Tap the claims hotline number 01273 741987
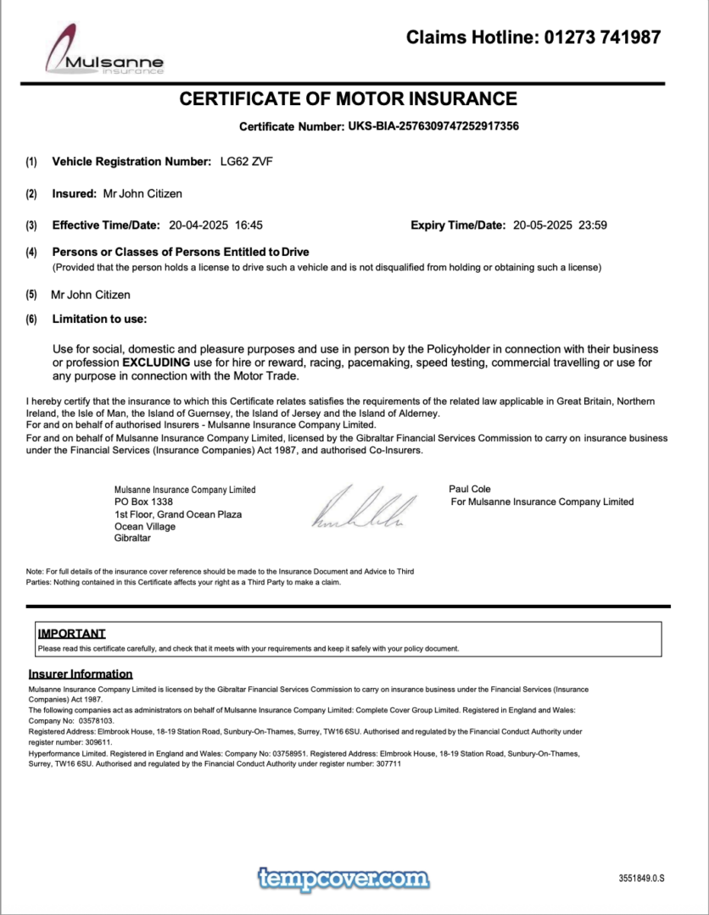point(601,36)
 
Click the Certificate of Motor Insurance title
point(348,99)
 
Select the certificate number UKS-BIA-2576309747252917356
point(433,126)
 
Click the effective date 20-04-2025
point(198,225)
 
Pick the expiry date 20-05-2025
point(543,225)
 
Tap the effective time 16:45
point(248,225)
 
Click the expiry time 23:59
point(593,225)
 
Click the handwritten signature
point(365,508)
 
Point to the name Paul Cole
point(469,489)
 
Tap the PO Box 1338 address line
point(143,502)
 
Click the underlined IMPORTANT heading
point(72,633)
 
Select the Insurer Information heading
point(81,674)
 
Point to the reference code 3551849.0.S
point(641,879)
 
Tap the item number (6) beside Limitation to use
point(31,319)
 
